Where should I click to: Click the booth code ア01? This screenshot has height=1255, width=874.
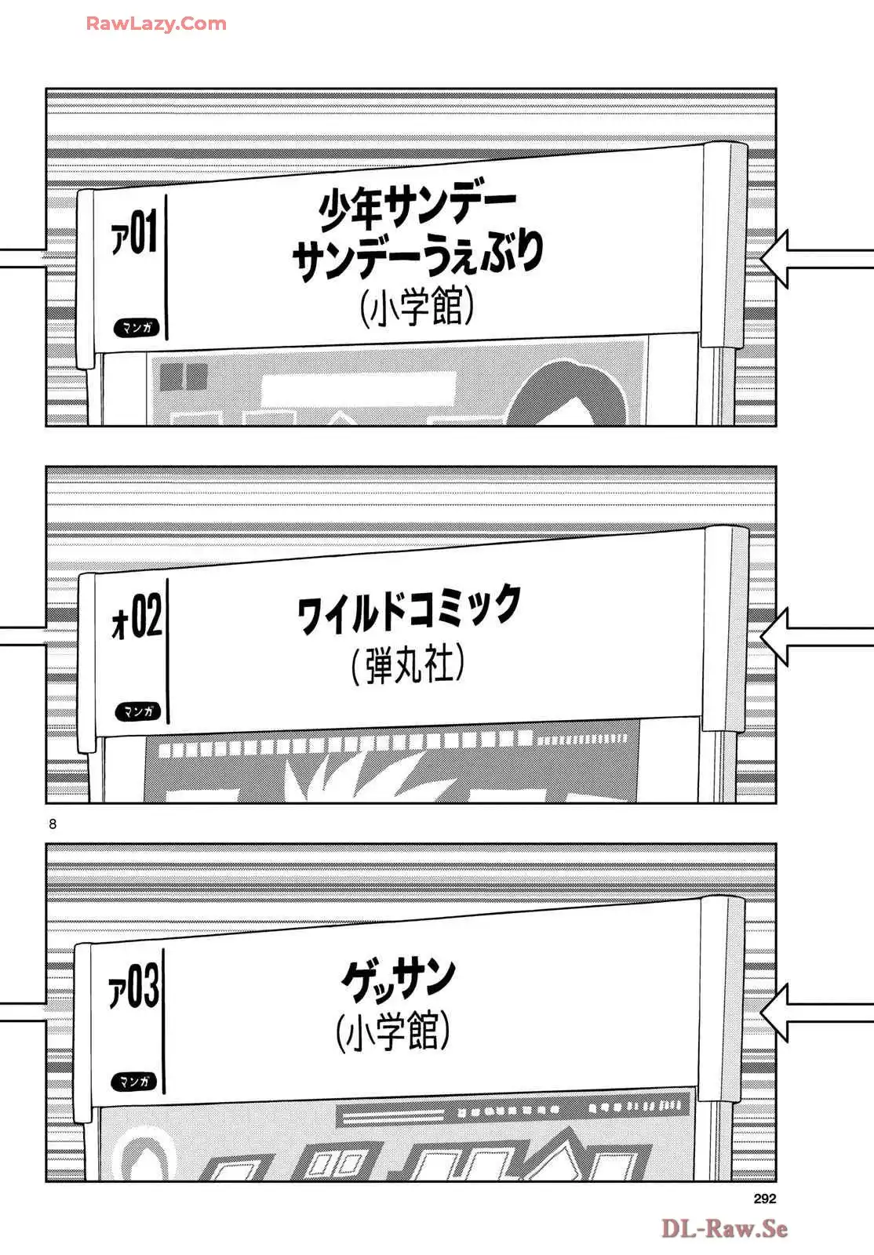(134, 233)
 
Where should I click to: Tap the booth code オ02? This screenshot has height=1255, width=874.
(137, 617)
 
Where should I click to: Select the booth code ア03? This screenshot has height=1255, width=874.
(133, 988)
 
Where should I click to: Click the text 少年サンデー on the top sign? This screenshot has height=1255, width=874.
(417, 206)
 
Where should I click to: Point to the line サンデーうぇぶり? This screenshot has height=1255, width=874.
(417, 255)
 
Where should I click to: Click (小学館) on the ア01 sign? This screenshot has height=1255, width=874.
(417, 306)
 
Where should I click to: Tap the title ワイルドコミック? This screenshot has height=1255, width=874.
(409, 609)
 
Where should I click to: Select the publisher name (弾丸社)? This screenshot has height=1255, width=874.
(408, 665)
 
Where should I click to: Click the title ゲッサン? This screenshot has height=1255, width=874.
(399, 979)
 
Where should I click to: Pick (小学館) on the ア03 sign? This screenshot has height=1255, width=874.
(393, 1031)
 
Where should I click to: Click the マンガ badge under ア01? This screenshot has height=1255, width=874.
(137, 327)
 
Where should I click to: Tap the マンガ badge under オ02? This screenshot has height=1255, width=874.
(138, 711)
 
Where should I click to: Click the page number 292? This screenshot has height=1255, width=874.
(764, 1199)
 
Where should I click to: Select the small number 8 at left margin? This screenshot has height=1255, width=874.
(53, 824)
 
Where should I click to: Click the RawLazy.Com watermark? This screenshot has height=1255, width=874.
(156, 24)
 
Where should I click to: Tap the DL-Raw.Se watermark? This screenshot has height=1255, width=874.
(723, 1228)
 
